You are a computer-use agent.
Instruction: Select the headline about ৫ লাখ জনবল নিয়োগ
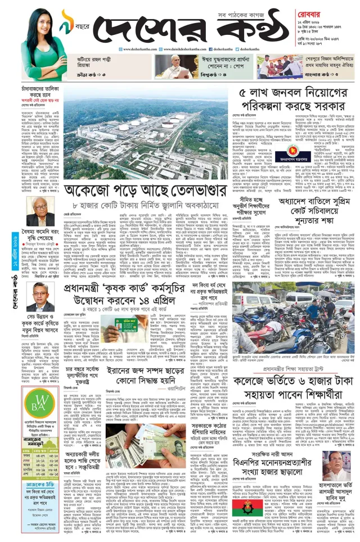pos(292,99)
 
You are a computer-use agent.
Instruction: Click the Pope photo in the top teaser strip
pos(169,66)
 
